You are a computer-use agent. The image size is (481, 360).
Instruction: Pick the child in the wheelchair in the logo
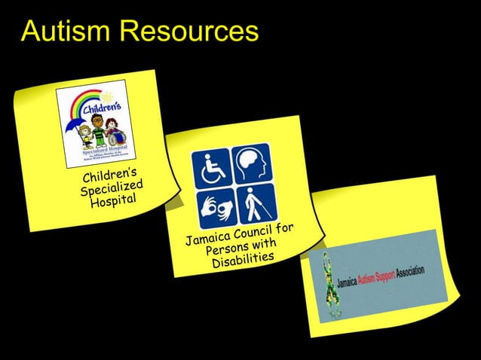tap(112, 137)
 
